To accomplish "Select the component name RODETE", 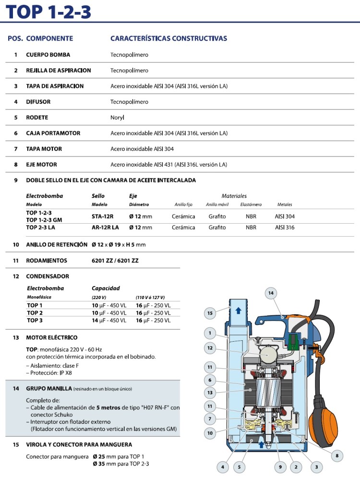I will pyautogui.click(x=37, y=118).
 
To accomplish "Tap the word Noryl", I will pyautogui.click(x=117, y=118).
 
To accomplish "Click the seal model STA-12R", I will pyautogui.click(x=102, y=216).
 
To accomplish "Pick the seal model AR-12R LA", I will pyautogui.click(x=105, y=228).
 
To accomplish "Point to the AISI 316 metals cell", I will pyautogui.click(x=285, y=228).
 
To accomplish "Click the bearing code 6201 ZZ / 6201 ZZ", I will pyautogui.click(x=115, y=261).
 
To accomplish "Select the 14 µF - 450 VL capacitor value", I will pyautogui.click(x=109, y=321).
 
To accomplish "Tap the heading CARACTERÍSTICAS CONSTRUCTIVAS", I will pyautogui.click(x=168, y=38).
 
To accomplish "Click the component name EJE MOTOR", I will pyautogui.click(x=41, y=165).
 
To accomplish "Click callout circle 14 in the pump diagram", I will pyautogui.click(x=271, y=293).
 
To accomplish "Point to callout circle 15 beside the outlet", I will pyautogui.click(x=210, y=313).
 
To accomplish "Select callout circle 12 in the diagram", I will pyautogui.click(x=210, y=347).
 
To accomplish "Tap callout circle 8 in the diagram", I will pyautogui.click(x=337, y=456).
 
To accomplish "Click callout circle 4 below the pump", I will pyautogui.click(x=222, y=466).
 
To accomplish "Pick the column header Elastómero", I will pyautogui.click(x=251, y=205).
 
